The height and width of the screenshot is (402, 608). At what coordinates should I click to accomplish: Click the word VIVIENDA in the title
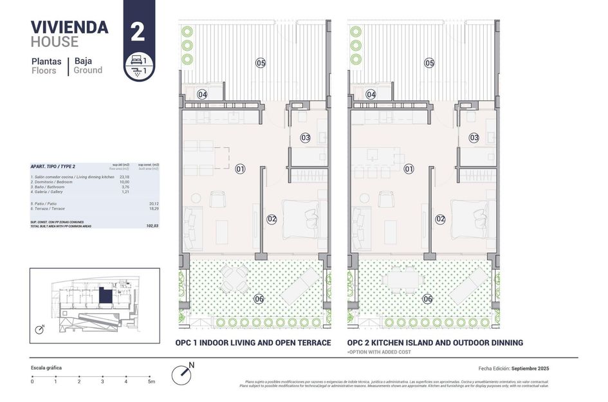tap(69, 27)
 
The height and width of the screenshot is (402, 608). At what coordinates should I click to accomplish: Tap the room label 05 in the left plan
tap(261, 63)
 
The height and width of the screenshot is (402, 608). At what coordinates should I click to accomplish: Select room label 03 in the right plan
tap(474, 138)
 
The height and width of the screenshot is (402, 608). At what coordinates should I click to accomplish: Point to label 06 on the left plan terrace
tap(259, 298)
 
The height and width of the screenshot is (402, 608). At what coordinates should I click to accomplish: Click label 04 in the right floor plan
tap(371, 95)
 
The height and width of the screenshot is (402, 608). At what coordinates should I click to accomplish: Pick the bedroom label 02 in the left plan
tap(272, 219)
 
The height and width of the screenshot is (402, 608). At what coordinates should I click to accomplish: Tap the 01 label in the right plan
tap(409, 169)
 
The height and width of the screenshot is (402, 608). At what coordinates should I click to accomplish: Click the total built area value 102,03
tap(152, 226)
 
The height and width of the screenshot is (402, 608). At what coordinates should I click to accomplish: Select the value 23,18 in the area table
tap(124, 177)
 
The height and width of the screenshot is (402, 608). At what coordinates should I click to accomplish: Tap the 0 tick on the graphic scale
tap(32, 381)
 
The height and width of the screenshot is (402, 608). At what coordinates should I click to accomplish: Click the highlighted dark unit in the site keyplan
tap(105, 297)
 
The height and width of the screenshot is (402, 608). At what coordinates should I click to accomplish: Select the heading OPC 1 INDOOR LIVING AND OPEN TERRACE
tap(253, 343)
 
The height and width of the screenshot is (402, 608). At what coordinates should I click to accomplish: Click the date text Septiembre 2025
tap(530, 369)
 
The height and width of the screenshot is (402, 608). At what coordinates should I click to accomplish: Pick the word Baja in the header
tap(83, 61)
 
